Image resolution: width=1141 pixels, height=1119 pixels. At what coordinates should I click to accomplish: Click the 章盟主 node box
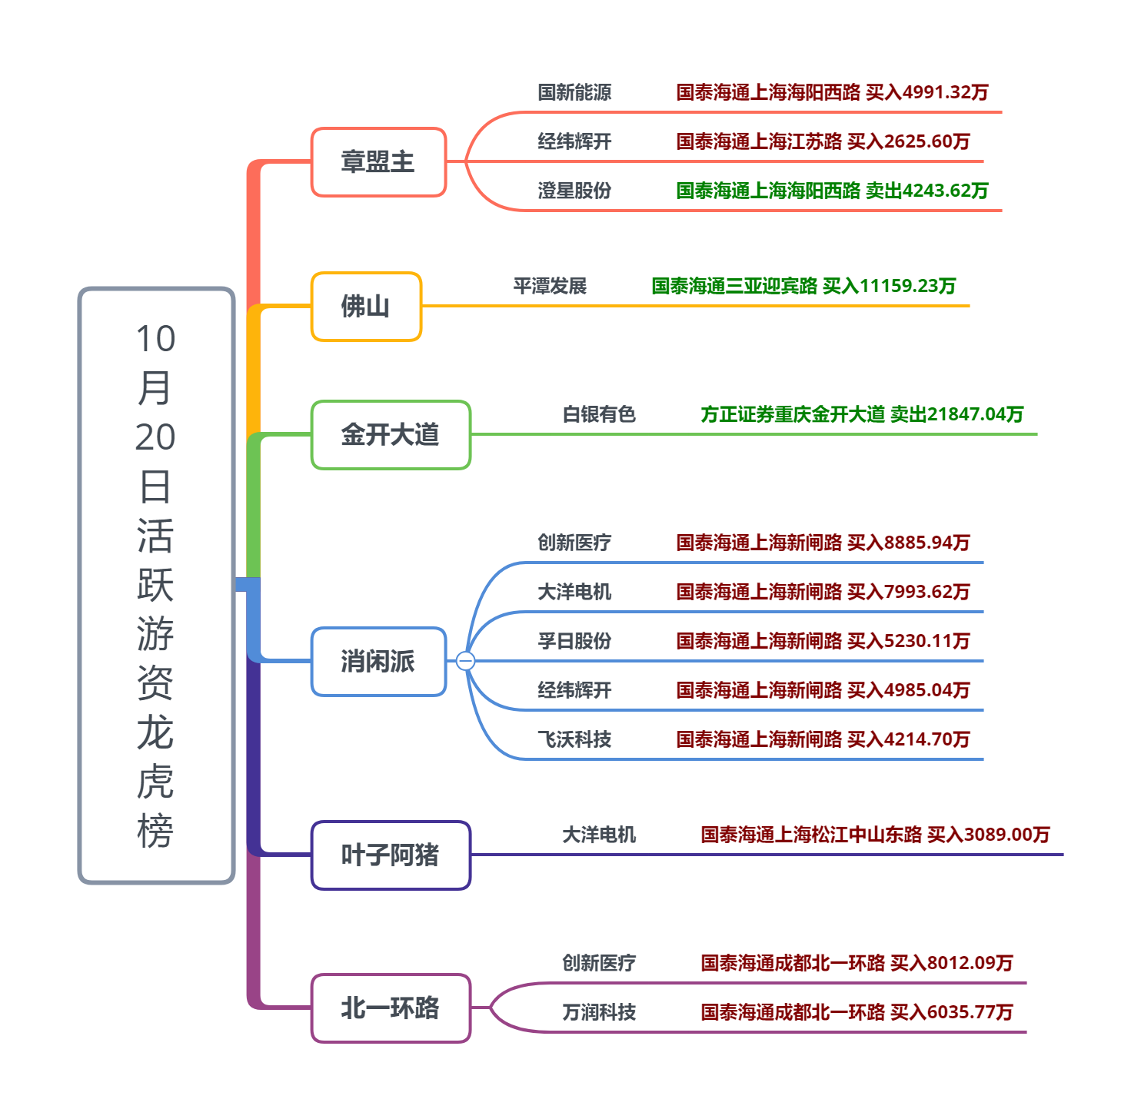click(378, 162)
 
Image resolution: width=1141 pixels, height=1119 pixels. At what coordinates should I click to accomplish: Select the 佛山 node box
click(366, 307)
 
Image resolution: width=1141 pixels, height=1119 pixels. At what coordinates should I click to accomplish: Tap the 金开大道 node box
click(391, 435)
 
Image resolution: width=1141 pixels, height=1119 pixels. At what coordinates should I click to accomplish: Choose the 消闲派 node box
click(378, 662)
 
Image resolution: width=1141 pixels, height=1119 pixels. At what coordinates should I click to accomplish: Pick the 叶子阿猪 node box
click(391, 855)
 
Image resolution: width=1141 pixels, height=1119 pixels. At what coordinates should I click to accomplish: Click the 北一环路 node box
click(391, 1008)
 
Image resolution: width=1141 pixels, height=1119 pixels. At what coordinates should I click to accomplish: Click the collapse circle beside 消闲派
click(465, 661)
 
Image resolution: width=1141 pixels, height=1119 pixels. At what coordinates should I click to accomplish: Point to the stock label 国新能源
click(574, 93)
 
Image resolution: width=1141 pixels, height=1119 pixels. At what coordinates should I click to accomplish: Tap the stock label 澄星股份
click(574, 191)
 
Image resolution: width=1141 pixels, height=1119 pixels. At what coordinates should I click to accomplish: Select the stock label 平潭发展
click(550, 287)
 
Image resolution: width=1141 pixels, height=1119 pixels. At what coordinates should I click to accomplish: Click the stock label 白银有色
click(599, 415)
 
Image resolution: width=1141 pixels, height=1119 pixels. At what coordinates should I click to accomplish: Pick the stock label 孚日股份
click(574, 641)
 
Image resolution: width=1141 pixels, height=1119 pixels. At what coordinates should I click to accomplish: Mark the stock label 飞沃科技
click(574, 739)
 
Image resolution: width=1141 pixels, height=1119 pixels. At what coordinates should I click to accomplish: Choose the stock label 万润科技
click(599, 1012)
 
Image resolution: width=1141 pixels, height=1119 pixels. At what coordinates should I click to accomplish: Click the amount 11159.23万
click(907, 287)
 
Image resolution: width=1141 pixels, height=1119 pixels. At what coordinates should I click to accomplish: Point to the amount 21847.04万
click(975, 415)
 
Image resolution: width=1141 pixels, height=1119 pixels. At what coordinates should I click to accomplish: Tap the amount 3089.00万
click(1006, 835)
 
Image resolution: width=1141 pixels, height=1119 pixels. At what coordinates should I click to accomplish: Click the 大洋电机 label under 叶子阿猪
click(599, 835)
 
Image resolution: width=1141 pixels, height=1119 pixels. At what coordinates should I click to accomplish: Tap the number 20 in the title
click(155, 437)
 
